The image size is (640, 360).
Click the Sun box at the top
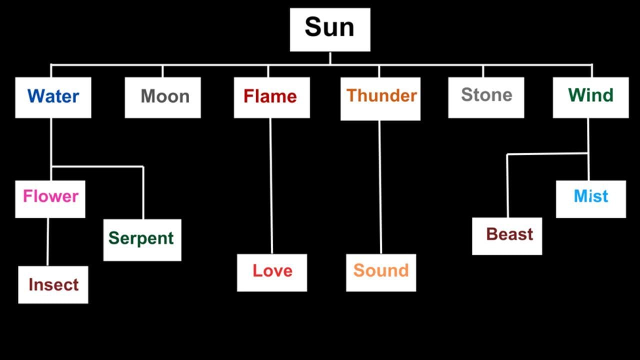(330, 29)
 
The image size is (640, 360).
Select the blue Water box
(53, 97)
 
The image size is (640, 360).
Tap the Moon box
(162, 97)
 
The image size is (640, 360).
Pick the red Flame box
(271, 97)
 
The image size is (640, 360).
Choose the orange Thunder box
(380, 98)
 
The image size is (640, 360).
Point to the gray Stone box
(486, 97)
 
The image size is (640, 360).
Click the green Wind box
(590, 97)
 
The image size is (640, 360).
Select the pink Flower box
(50, 198)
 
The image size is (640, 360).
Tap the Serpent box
(142, 239)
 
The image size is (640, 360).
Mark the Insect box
(53, 284)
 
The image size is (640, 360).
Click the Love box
(271, 272)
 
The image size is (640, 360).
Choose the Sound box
(380, 272)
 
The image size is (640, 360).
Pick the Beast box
(506, 236)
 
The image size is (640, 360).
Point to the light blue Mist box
(590, 198)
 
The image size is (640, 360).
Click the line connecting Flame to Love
(271, 185)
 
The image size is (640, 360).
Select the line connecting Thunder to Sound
(380, 187)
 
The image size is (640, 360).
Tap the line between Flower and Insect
(48, 241)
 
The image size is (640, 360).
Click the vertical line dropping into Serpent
(143, 192)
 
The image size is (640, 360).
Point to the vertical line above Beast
(507, 185)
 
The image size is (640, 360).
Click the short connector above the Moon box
(162, 70)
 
